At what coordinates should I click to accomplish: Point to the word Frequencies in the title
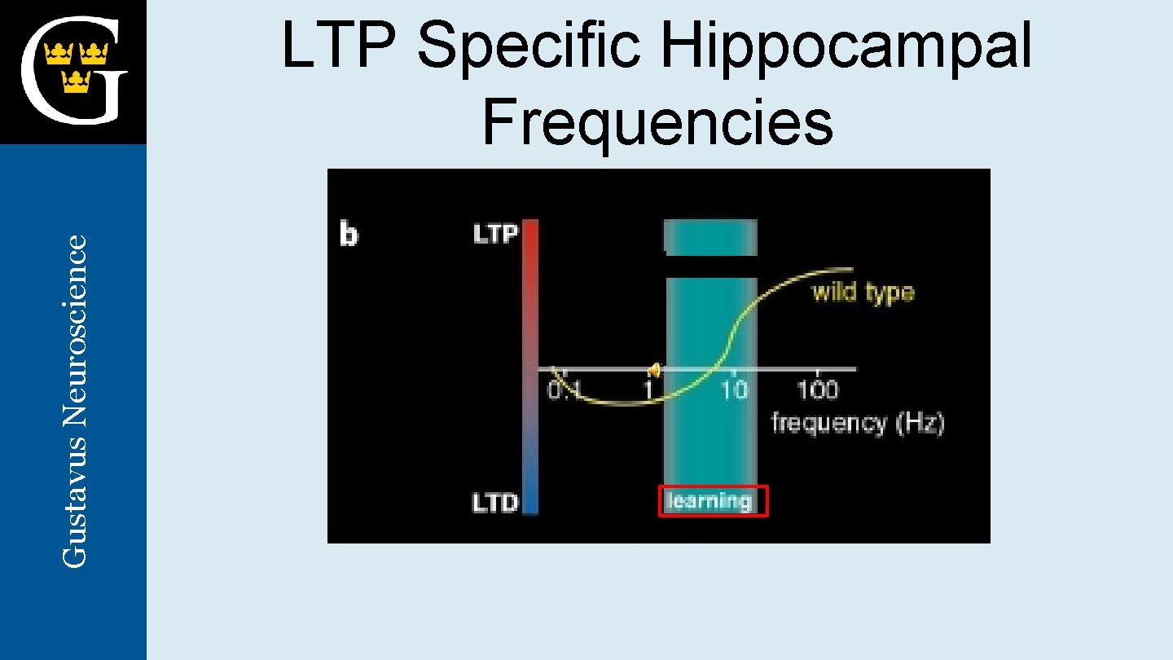(x=657, y=122)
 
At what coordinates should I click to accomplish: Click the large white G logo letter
(x=73, y=72)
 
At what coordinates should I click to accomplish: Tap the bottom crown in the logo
(x=76, y=80)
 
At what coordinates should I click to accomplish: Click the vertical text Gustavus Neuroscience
(x=75, y=401)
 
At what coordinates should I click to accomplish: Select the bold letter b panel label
(x=349, y=235)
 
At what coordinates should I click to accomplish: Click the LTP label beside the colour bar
(x=495, y=235)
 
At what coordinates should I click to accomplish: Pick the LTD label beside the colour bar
(x=495, y=503)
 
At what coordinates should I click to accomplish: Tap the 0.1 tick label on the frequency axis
(x=563, y=390)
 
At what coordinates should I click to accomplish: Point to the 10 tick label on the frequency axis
(x=734, y=390)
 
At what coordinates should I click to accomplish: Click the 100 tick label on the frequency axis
(x=817, y=390)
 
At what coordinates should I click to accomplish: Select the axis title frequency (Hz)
(x=858, y=424)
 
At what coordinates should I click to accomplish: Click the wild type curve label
(x=863, y=292)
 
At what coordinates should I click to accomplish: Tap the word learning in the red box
(x=710, y=500)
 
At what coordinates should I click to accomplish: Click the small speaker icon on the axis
(x=653, y=371)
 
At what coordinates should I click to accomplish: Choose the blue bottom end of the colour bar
(x=530, y=501)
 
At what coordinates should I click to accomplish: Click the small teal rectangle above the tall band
(x=711, y=237)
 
